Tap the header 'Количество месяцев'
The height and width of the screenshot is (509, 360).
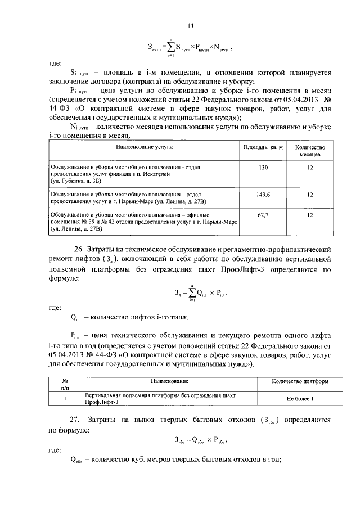(310, 150)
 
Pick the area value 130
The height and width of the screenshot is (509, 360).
(263, 168)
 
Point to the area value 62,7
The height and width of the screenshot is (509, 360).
(263, 215)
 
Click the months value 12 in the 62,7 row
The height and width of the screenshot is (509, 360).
(310, 215)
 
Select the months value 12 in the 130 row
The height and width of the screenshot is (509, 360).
(310, 168)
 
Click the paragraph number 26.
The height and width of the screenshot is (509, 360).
(80, 249)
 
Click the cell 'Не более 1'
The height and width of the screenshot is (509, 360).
(300, 399)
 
